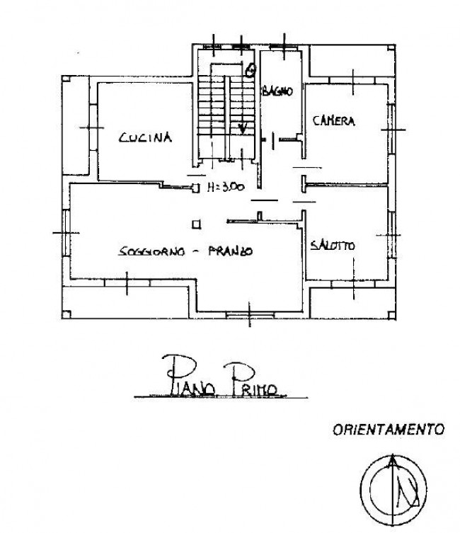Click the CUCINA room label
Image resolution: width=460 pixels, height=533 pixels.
click(x=146, y=138)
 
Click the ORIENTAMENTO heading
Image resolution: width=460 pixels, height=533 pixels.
click(x=389, y=429)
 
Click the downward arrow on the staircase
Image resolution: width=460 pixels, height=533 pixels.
click(x=243, y=127)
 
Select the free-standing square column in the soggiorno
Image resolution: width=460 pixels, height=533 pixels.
click(x=196, y=225)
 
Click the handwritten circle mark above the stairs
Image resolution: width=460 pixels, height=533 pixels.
click(x=249, y=69)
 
